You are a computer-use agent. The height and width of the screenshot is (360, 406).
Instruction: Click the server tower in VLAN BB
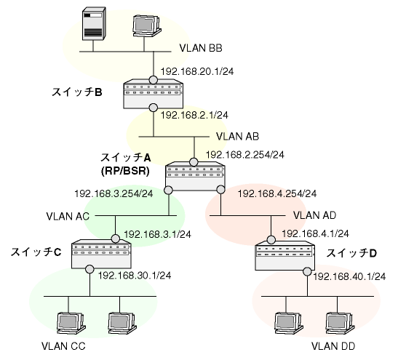click(x=94, y=24)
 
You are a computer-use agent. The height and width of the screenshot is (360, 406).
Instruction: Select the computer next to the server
click(x=146, y=26)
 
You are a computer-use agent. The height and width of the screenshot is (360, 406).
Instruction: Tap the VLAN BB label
click(x=201, y=48)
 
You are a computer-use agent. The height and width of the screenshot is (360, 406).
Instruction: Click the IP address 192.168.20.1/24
click(x=197, y=71)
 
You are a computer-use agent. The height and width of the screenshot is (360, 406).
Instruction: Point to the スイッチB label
click(x=77, y=92)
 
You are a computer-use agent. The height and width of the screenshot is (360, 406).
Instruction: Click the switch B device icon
click(x=154, y=95)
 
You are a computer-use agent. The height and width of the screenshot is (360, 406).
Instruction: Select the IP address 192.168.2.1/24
click(x=194, y=115)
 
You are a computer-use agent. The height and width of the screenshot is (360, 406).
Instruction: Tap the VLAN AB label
click(x=237, y=137)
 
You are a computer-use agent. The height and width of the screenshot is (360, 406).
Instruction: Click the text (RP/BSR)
click(x=125, y=171)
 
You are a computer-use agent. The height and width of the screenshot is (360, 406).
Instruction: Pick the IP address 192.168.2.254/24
click(x=245, y=155)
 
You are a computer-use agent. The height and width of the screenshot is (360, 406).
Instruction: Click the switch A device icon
click(x=195, y=177)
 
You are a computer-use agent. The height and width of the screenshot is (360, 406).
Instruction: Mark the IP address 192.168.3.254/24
click(x=114, y=194)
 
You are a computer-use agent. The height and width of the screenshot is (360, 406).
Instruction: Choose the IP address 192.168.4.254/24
click(x=277, y=194)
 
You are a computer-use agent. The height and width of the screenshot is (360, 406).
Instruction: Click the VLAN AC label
click(x=68, y=216)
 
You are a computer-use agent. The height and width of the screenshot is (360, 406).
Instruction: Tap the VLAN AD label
click(x=314, y=215)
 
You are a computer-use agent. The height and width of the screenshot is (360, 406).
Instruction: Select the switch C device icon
click(x=101, y=254)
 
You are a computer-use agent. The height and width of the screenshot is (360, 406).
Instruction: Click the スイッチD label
click(x=351, y=253)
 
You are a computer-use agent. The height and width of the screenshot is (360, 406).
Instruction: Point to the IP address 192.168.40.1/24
click(x=349, y=276)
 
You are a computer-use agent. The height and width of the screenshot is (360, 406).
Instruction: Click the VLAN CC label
click(x=63, y=346)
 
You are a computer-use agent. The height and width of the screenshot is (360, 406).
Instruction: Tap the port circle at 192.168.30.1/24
click(x=89, y=269)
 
